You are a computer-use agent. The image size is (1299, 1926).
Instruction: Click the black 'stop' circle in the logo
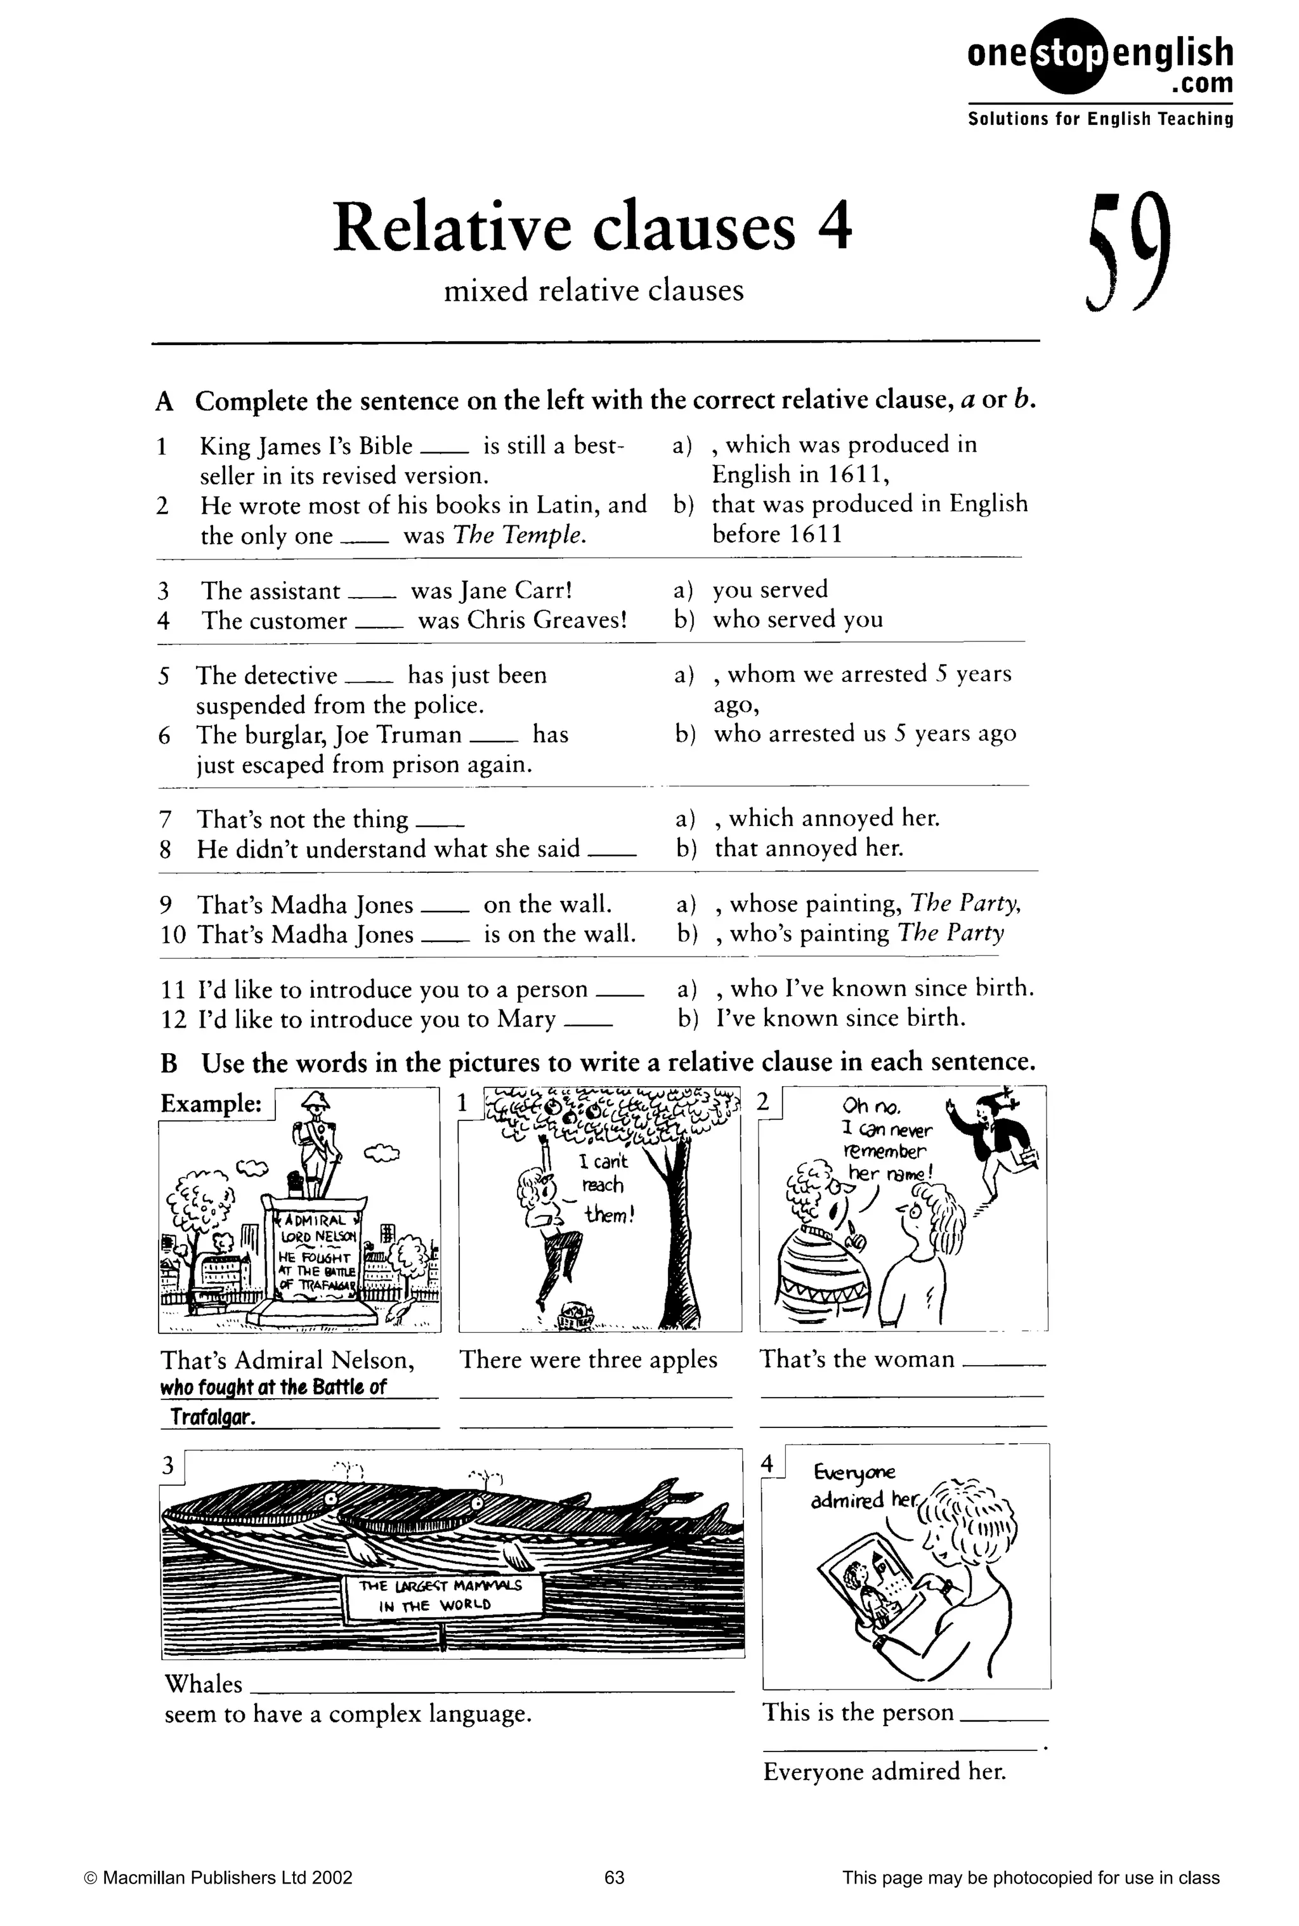1069,55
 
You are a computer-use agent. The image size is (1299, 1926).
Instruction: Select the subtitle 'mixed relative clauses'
593,291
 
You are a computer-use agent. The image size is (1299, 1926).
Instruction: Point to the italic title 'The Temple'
519,536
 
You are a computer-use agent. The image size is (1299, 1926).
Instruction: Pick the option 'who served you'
798,620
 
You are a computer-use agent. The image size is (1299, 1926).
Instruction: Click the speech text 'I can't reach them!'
604,1187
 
